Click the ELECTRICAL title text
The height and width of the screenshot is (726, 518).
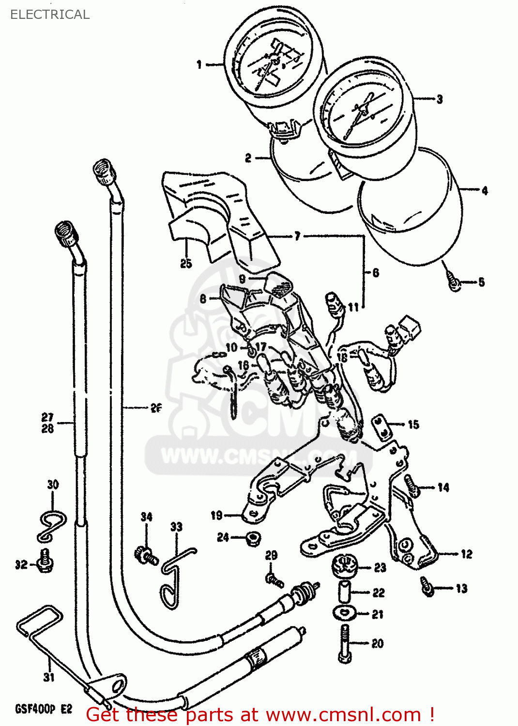point(50,15)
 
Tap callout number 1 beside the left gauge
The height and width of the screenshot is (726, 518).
point(199,64)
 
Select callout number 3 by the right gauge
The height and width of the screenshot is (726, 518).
point(440,99)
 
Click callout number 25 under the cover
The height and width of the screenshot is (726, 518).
point(186,264)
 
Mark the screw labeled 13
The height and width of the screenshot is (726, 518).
point(427,586)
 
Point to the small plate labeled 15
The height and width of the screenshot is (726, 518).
point(382,424)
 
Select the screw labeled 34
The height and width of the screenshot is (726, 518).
point(145,555)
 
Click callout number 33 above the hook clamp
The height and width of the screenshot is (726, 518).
point(176,527)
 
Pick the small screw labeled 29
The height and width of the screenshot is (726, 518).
point(274,579)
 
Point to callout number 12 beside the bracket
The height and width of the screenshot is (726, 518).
point(466,554)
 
